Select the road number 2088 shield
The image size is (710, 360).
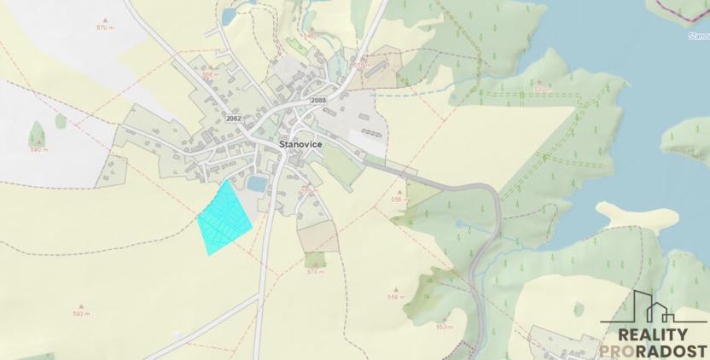click(x=318, y=101)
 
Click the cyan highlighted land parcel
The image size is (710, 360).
click(x=224, y=218)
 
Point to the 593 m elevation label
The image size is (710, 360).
click(x=81, y=314)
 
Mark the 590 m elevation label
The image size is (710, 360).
click(x=38, y=149)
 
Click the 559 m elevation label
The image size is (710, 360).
click(x=394, y=298)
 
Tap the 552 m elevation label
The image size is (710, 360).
click(x=444, y=327)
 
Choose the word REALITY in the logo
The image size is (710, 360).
click(x=651, y=335)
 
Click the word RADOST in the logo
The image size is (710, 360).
click(x=676, y=351)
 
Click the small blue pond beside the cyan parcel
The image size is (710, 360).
click(x=257, y=184)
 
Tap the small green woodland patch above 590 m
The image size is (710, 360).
click(x=37, y=133)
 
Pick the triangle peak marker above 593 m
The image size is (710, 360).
click(x=81, y=306)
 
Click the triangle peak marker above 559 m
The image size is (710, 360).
click(x=394, y=290)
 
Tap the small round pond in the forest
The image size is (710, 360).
click(x=458, y=224)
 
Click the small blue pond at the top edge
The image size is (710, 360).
click(x=230, y=15)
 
